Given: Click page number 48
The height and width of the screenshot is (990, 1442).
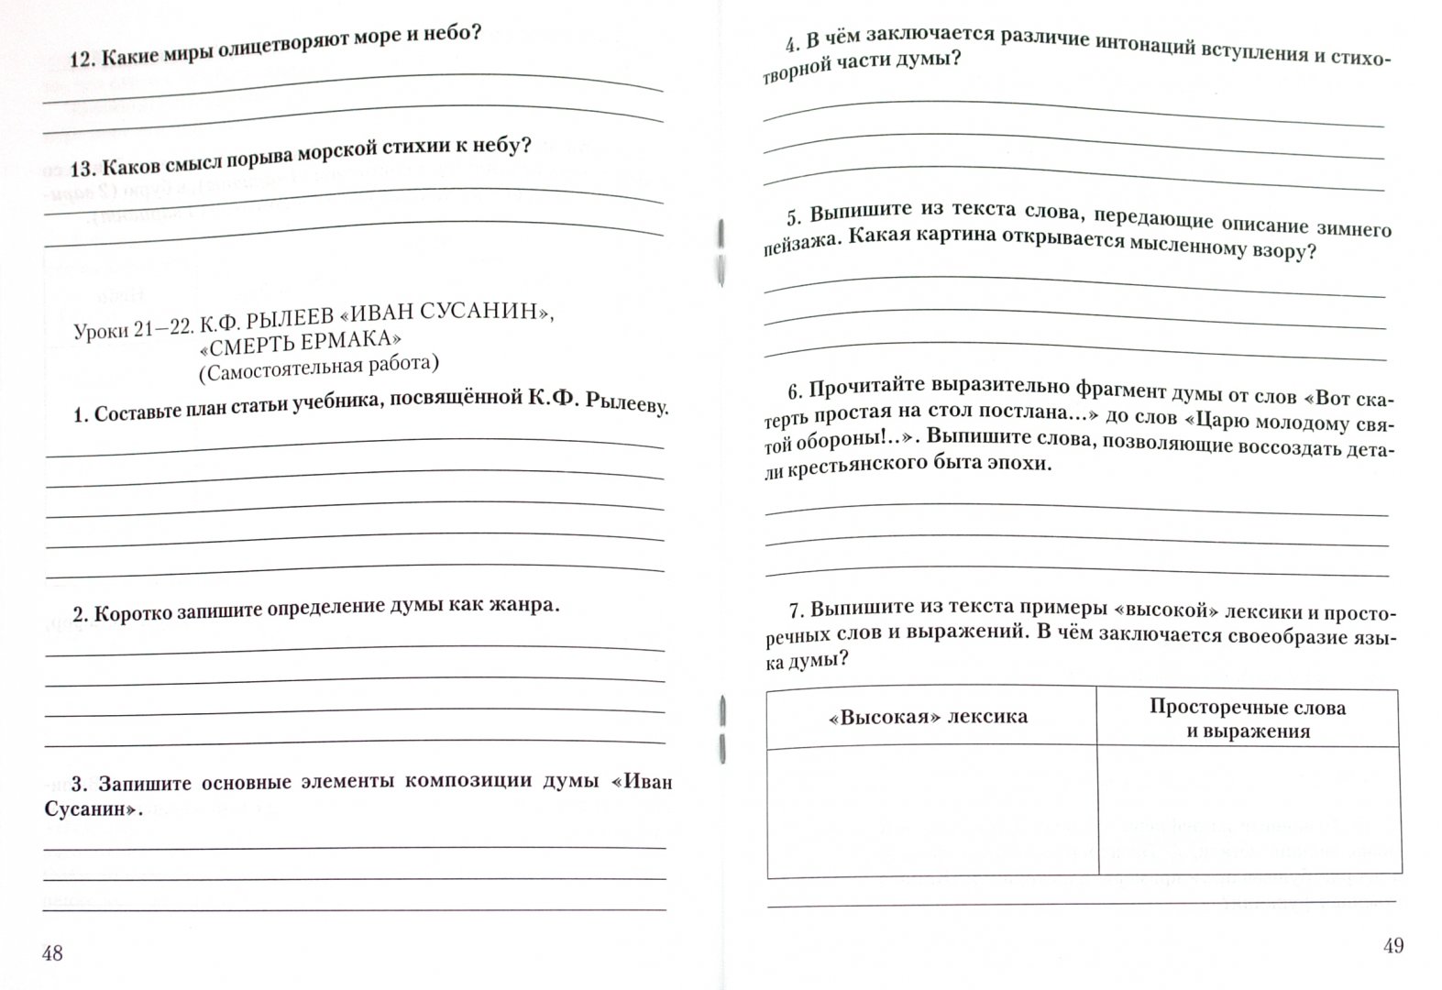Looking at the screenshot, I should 52,953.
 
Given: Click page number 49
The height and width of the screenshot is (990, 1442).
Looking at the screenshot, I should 1392,946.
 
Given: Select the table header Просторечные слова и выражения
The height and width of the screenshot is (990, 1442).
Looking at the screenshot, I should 1248,719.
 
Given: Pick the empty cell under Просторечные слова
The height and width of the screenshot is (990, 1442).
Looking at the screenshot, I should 1249,811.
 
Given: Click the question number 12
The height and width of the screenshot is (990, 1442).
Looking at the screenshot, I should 82,60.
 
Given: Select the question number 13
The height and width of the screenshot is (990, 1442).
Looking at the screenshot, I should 82,169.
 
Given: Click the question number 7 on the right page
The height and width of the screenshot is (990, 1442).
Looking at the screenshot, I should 796,610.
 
